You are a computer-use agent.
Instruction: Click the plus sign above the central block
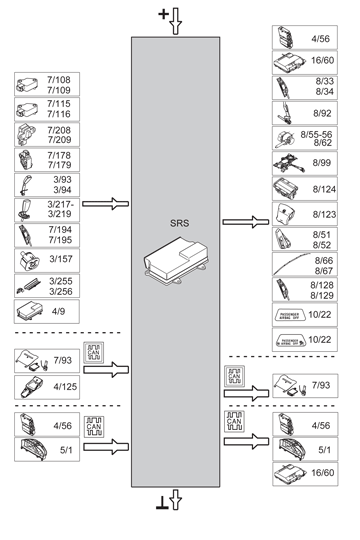[164, 13]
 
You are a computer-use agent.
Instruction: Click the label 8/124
[322, 187]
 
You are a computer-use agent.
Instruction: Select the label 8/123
[322, 212]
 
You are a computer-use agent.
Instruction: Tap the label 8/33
[322, 80]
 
